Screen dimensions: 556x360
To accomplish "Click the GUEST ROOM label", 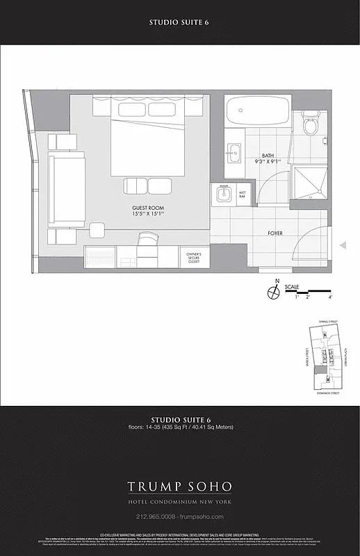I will [x=147, y=207].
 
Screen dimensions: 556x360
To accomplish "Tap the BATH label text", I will [x=268, y=156].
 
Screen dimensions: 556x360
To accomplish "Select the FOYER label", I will [x=275, y=234].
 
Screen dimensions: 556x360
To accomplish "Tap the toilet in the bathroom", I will [x=310, y=125].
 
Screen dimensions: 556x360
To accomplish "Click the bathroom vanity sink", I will [x=233, y=149].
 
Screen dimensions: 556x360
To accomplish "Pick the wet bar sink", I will [x=223, y=195].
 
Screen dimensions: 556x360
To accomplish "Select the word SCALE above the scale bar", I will [x=311, y=285].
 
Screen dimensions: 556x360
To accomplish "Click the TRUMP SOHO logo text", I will [x=179, y=486].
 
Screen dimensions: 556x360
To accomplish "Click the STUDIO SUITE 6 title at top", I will [x=179, y=22].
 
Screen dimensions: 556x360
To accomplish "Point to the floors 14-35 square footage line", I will [x=179, y=427].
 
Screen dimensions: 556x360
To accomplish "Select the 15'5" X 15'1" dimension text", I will [x=147, y=214].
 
